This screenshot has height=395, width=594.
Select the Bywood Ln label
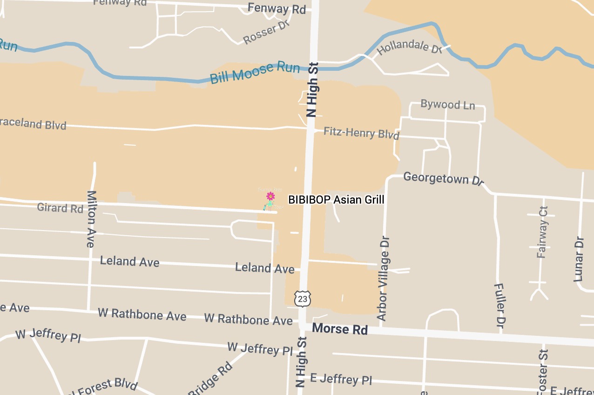coord(447,104)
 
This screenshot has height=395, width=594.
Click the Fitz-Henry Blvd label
coord(361,133)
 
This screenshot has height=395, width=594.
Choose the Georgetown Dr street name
coord(444,178)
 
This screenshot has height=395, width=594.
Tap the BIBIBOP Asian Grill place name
coord(336,200)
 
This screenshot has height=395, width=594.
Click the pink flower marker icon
coord(270,196)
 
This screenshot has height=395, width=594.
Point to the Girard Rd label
coord(60,207)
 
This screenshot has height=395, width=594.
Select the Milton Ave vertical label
coord(91,219)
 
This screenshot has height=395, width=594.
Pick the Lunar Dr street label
coord(579,259)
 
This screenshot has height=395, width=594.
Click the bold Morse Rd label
coord(340,329)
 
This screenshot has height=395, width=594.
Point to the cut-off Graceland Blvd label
coord(33,124)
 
